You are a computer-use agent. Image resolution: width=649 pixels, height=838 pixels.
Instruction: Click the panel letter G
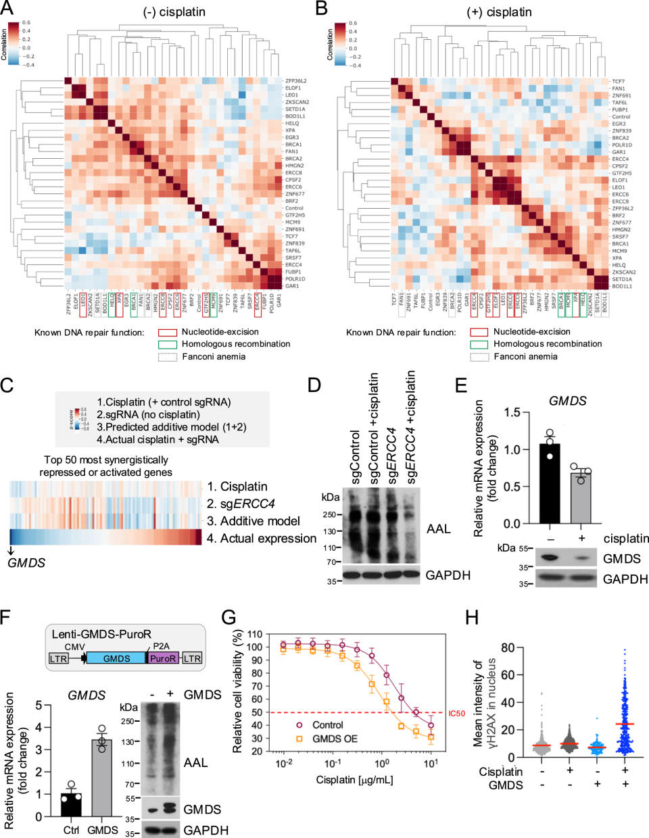point(230,617)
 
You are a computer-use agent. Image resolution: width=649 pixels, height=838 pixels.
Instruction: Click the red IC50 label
point(457,714)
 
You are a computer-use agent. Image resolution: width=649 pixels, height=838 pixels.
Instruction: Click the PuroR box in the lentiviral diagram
point(163,658)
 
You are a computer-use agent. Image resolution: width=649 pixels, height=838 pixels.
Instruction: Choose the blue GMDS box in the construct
point(116,658)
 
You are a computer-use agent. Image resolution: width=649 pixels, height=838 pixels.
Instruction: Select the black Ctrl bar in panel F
point(71,805)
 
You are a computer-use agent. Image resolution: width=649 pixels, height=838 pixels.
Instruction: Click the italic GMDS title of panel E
point(567,401)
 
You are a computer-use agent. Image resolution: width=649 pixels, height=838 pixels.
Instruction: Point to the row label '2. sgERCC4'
point(241,503)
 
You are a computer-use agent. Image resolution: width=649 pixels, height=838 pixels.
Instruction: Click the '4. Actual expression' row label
point(261,538)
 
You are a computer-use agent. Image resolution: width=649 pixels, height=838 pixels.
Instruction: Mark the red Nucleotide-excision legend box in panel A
point(168,332)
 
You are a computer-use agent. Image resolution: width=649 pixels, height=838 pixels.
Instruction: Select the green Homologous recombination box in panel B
point(479,344)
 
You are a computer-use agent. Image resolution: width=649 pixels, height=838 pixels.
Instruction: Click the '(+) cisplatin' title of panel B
point(499,12)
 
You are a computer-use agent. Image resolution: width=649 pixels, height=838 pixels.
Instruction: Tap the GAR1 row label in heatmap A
point(291,286)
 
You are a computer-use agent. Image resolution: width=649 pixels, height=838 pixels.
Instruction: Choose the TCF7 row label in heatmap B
point(618,81)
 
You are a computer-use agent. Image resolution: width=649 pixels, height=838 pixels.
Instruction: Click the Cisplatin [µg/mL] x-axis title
point(354,780)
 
